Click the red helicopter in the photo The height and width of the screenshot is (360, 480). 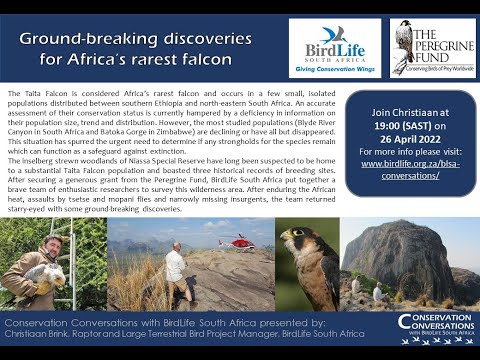click(x=238, y=242)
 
